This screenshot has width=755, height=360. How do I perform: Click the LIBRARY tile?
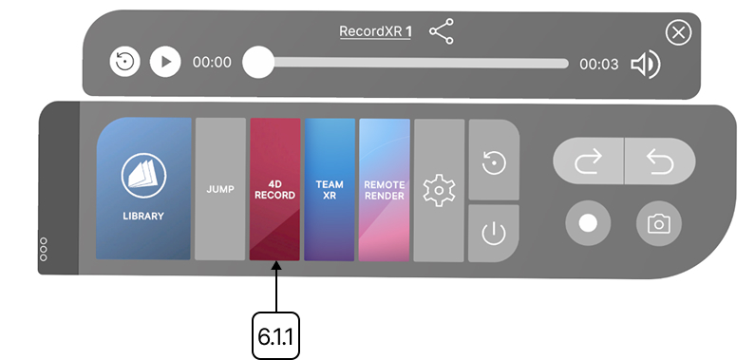[x=143, y=189]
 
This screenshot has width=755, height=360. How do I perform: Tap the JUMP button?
[x=219, y=189]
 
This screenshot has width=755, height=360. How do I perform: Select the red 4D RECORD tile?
[x=274, y=189]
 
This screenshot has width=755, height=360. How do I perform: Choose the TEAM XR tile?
[x=329, y=189]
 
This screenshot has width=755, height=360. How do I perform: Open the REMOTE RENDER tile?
[x=384, y=189]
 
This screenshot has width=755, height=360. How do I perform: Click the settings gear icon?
[x=439, y=190]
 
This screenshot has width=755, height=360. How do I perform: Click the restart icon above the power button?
[x=494, y=162]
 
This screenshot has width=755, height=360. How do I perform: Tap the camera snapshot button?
[x=657, y=224]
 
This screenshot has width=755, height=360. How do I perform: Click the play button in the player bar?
[x=165, y=63]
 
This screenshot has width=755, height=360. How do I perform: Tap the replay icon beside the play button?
[x=124, y=63]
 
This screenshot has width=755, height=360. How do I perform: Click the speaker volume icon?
[x=646, y=64]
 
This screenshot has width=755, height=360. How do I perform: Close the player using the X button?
[x=677, y=34]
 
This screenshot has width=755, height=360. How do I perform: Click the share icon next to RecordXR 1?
[x=441, y=32]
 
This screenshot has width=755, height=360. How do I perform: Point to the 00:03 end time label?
[x=599, y=64]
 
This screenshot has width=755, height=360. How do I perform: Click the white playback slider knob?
[x=257, y=64]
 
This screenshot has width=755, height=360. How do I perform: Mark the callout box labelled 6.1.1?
[x=275, y=334]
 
